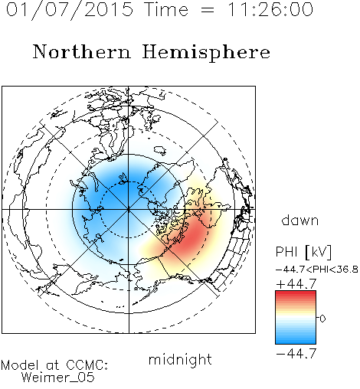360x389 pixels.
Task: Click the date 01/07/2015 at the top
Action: coord(70,10)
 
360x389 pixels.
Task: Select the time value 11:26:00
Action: coord(270,10)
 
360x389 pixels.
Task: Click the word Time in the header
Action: coord(166,10)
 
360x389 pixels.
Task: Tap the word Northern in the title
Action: coord(82,52)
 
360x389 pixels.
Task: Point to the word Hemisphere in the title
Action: coord(206,53)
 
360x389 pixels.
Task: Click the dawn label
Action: coord(300,220)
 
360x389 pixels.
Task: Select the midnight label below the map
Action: coord(180,360)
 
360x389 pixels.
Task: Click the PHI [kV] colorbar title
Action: coord(303,252)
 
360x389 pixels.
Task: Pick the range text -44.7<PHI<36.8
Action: coord(317,270)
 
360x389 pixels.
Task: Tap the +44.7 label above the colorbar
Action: coord(296,284)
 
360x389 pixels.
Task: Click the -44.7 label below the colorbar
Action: coord(296,354)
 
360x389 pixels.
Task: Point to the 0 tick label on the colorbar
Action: coord(322,319)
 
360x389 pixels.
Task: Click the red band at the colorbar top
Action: coord(296,294)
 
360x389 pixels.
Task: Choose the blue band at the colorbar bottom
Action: coord(296,340)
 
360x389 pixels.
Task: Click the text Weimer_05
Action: coord(58,378)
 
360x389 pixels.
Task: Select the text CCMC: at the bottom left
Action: coord(87,365)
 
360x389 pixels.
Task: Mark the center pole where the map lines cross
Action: coord(129,210)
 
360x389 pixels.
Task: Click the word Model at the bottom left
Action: coord(20,365)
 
